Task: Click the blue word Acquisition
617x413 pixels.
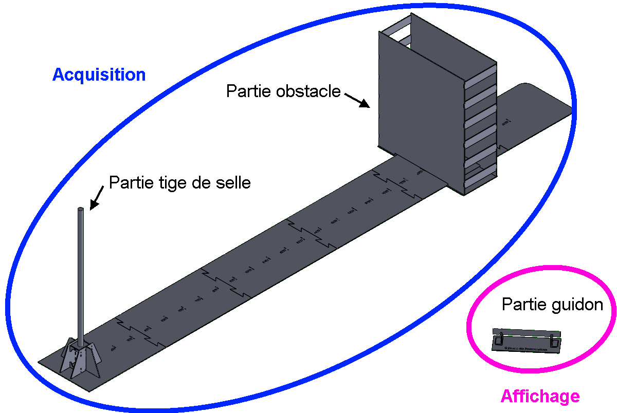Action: coord(99,75)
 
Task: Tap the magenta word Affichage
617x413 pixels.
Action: coord(540,397)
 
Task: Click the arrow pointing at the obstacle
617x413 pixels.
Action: coord(357,100)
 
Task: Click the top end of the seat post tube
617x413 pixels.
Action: coord(81,210)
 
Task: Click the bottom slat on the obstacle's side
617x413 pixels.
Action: coord(481,177)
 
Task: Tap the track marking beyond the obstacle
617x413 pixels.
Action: coord(506,122)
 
